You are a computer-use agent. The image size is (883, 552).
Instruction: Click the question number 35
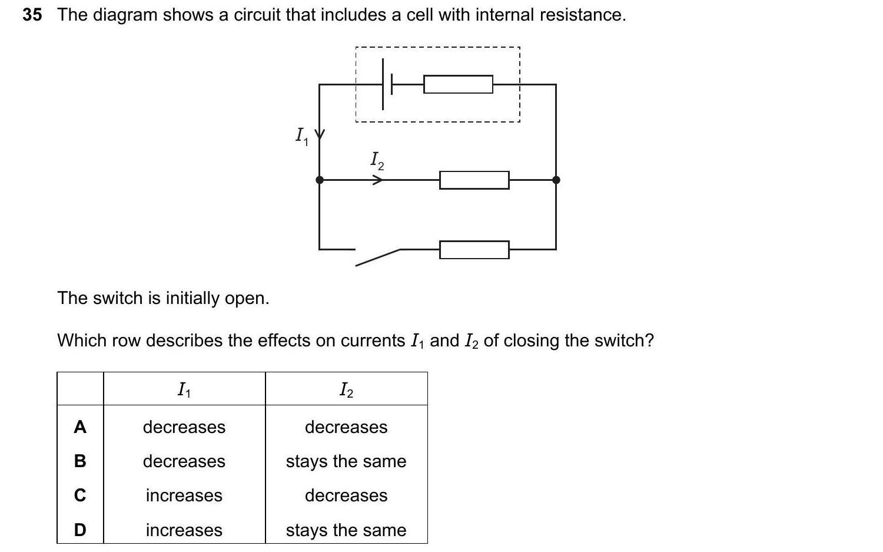pos(32,15)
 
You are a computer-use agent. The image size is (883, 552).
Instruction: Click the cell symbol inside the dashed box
pos(387,84)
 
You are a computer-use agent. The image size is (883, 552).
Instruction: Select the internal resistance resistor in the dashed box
pos(458,84)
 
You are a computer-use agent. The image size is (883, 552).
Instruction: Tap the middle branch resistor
pos(474,180)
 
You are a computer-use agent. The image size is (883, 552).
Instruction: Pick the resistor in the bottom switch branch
pos(474,250)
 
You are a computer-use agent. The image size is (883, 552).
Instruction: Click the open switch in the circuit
pos(377,256)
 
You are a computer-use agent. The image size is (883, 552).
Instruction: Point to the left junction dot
pos(320,180)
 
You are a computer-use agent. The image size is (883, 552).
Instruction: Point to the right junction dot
pos(556,180)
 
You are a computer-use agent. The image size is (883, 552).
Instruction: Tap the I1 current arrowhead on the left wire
pos(320,135)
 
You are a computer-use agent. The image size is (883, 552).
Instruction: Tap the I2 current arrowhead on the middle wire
pos(377,180)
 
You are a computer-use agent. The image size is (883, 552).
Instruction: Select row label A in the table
pos(80,427)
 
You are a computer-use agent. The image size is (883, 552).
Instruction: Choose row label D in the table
pos(80,530)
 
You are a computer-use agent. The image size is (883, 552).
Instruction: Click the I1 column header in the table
pos(184,389)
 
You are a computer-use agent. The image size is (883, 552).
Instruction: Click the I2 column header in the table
pos(346,389)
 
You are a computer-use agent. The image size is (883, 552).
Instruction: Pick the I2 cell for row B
pos(346,461)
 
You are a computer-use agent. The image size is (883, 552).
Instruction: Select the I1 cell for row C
pos(184,495)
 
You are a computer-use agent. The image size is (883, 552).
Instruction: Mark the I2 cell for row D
pos(346,530)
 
